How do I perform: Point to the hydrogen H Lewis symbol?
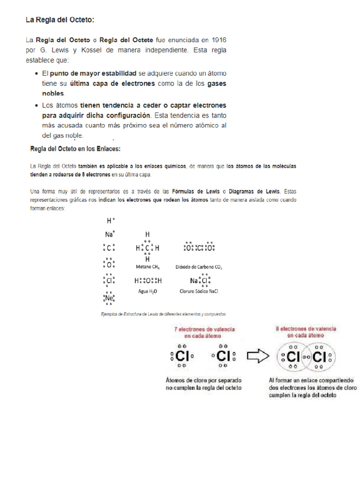point(109,220)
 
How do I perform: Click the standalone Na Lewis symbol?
point(109,234)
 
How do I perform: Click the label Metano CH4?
point(148,267)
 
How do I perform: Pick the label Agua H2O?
point(147,291)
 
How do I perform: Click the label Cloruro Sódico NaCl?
point(199,291)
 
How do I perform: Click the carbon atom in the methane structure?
point(147,248)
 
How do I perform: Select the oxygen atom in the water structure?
point(148,281)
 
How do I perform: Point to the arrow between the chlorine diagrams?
point(257,356)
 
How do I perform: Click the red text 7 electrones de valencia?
point(205,330)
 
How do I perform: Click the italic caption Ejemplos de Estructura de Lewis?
point(164,314)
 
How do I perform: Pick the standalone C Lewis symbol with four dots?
point(109,248)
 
